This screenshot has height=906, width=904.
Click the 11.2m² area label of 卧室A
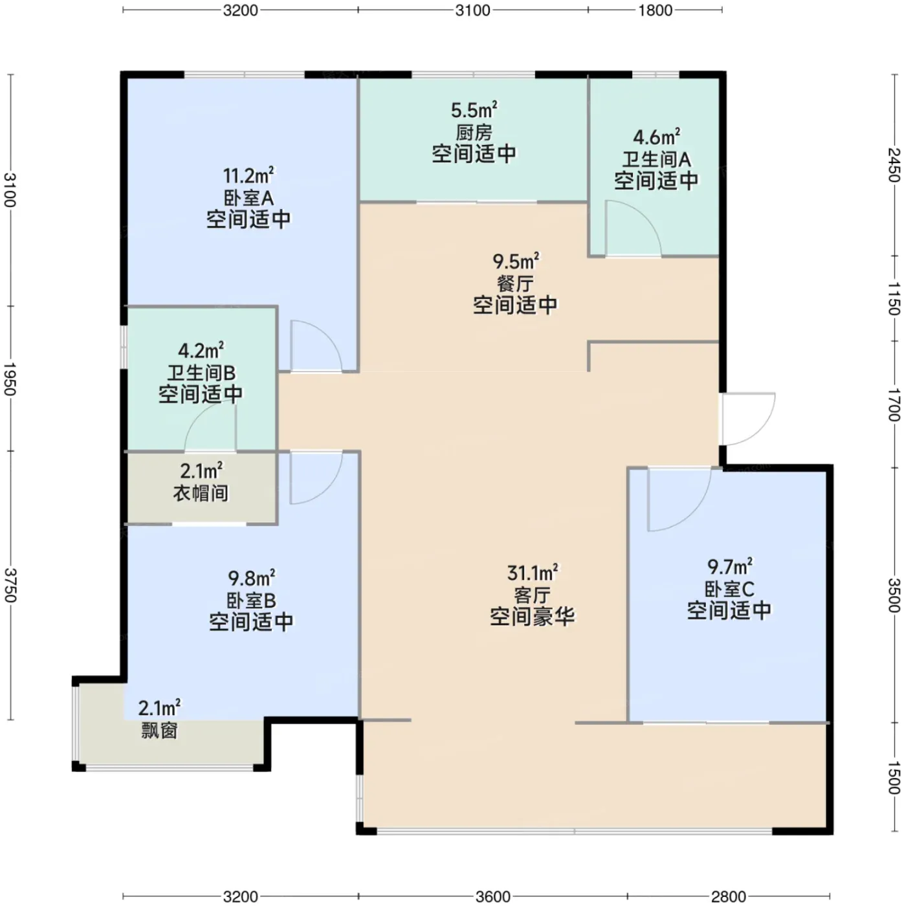[248, 175]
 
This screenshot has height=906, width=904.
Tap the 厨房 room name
[474, 133]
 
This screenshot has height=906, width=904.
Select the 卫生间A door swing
[633, 228]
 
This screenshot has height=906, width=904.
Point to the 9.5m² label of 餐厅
[516, 260]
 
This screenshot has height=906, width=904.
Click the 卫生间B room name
[201, 373]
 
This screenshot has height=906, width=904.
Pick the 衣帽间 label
[201, 492]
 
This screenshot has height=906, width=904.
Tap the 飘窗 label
[159, 731]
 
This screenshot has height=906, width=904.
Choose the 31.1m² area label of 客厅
[533, 573]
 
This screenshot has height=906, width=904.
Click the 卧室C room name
[729, 589]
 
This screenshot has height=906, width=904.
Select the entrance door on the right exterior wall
[748, 419]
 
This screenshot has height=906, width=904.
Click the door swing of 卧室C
[679, 500]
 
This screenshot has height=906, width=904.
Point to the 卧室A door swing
[316, 346]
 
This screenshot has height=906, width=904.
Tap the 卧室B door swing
[316, 478]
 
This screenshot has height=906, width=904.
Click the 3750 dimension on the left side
[10, 585]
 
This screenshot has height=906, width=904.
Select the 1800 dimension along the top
[655, 10]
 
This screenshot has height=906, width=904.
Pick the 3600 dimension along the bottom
[492, 896]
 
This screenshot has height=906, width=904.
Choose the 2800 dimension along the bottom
[729, 896]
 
